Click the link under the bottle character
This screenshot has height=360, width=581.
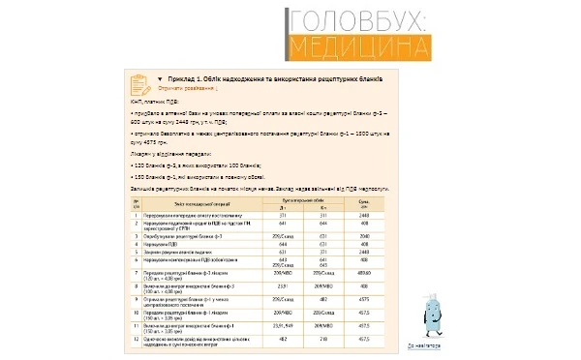(x=423, y=344)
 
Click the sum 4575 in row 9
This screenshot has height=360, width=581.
(x=365, y=300)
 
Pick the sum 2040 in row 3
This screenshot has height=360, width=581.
(x=365, y=235)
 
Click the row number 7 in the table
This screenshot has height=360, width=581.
(x=138, y=275)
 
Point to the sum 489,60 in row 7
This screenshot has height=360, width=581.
(x=365, y=275)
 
